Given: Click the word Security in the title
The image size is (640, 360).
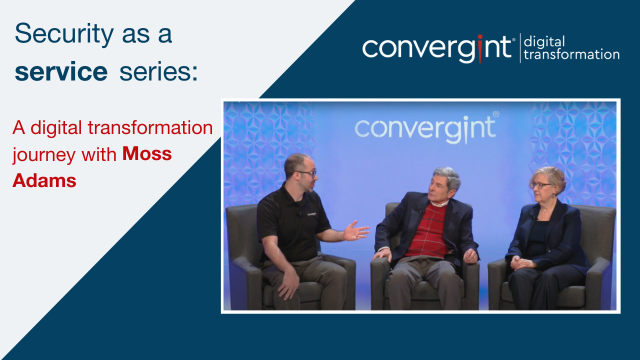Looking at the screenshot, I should pyautogui.click(x=62, y=34).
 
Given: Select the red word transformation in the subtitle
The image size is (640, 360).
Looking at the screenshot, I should pyautogui.click(x=149, y=129).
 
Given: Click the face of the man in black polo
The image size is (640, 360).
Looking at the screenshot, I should pyautogui.click(x=299, y=172).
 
